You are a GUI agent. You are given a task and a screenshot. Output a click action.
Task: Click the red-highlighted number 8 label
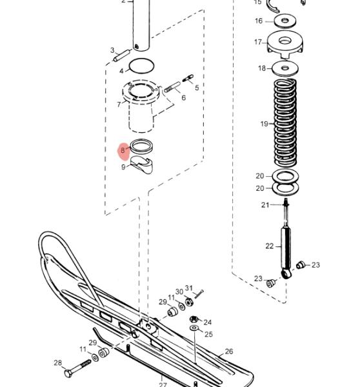tap(123, 150)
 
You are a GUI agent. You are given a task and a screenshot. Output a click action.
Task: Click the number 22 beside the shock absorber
tap(270, 246)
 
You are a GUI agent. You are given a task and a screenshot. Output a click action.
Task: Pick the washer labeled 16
tap(285, 21)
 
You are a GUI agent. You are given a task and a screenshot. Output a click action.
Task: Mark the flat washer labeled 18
tap(285, 68)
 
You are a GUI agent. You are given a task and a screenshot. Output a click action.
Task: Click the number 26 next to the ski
tap(229, 352)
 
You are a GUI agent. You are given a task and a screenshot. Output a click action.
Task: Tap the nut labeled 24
tap(194, 319)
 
